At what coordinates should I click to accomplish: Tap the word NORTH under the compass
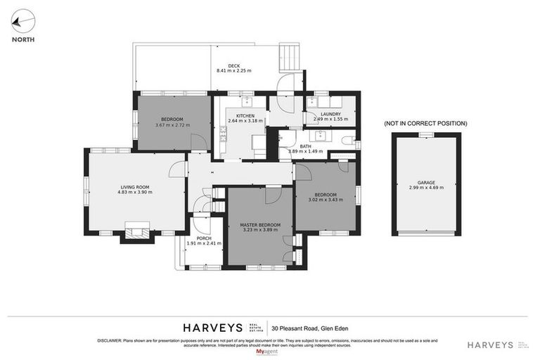23,40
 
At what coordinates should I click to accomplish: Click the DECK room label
234,66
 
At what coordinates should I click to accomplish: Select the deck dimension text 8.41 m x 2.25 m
234,71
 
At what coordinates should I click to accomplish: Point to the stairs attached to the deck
288,58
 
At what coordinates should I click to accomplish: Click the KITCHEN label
245,115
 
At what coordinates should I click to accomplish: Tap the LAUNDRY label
330,114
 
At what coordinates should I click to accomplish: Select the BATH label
305,146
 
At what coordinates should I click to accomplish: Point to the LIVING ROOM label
135,186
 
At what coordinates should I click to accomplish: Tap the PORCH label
204,238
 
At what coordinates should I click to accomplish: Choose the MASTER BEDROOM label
260,224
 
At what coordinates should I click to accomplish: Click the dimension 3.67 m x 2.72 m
172,125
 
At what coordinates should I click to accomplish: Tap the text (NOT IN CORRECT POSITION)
425,124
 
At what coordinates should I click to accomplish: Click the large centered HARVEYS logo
212,328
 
